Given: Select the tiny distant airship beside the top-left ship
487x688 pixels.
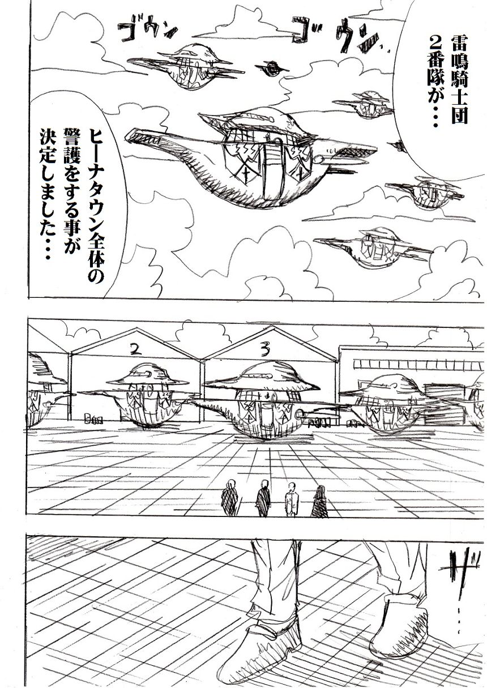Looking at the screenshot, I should point(272,69).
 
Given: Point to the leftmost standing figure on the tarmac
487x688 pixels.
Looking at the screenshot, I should point(229,497).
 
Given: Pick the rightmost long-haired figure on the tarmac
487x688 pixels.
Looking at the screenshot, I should point(319,501).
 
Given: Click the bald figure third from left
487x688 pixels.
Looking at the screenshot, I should point(292,499).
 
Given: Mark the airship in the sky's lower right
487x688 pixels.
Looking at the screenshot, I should point(368,248).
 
